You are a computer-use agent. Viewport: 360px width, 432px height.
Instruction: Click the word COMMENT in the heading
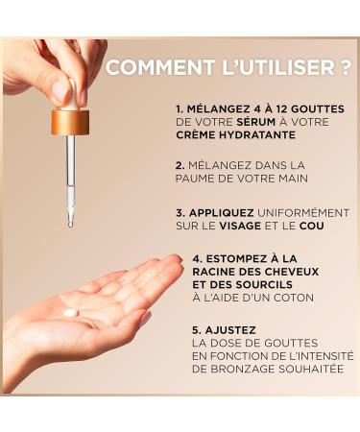(160, 67)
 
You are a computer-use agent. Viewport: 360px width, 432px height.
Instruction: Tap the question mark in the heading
(346, 67)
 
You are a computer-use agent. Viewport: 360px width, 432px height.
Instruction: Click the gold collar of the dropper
(70, 122)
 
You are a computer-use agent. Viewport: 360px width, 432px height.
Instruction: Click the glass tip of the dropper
(71, 223)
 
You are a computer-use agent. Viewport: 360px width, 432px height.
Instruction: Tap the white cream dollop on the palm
(71, 312)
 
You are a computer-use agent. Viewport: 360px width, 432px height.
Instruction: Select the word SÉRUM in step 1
(256, 122)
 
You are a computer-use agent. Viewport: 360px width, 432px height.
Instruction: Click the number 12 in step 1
(282, 109)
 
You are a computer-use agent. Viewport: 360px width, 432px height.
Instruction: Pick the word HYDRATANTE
(257, 134)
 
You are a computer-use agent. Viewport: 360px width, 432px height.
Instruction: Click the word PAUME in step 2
(195, 179)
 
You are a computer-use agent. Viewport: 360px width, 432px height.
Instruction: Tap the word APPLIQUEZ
(222, 213)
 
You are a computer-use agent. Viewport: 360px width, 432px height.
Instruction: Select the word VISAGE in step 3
(240, 226)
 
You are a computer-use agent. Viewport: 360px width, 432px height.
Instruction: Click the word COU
(312, 226)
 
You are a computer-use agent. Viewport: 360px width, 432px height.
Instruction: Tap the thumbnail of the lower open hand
(145, 319)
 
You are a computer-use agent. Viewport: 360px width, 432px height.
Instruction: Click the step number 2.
(180, 165)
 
